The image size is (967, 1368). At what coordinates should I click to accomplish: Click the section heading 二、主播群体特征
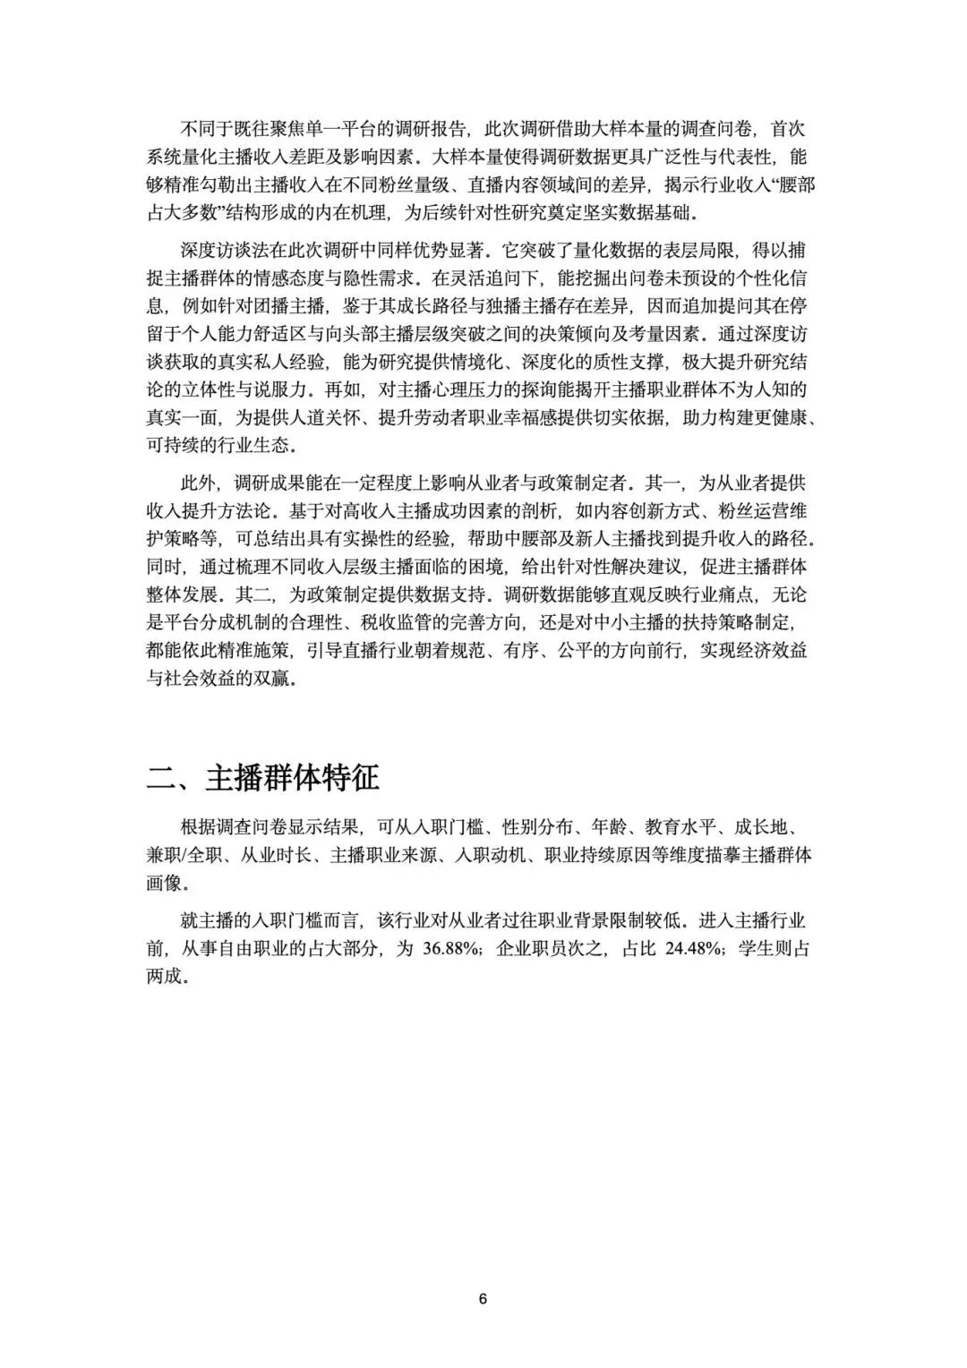click(x=263, y=777)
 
